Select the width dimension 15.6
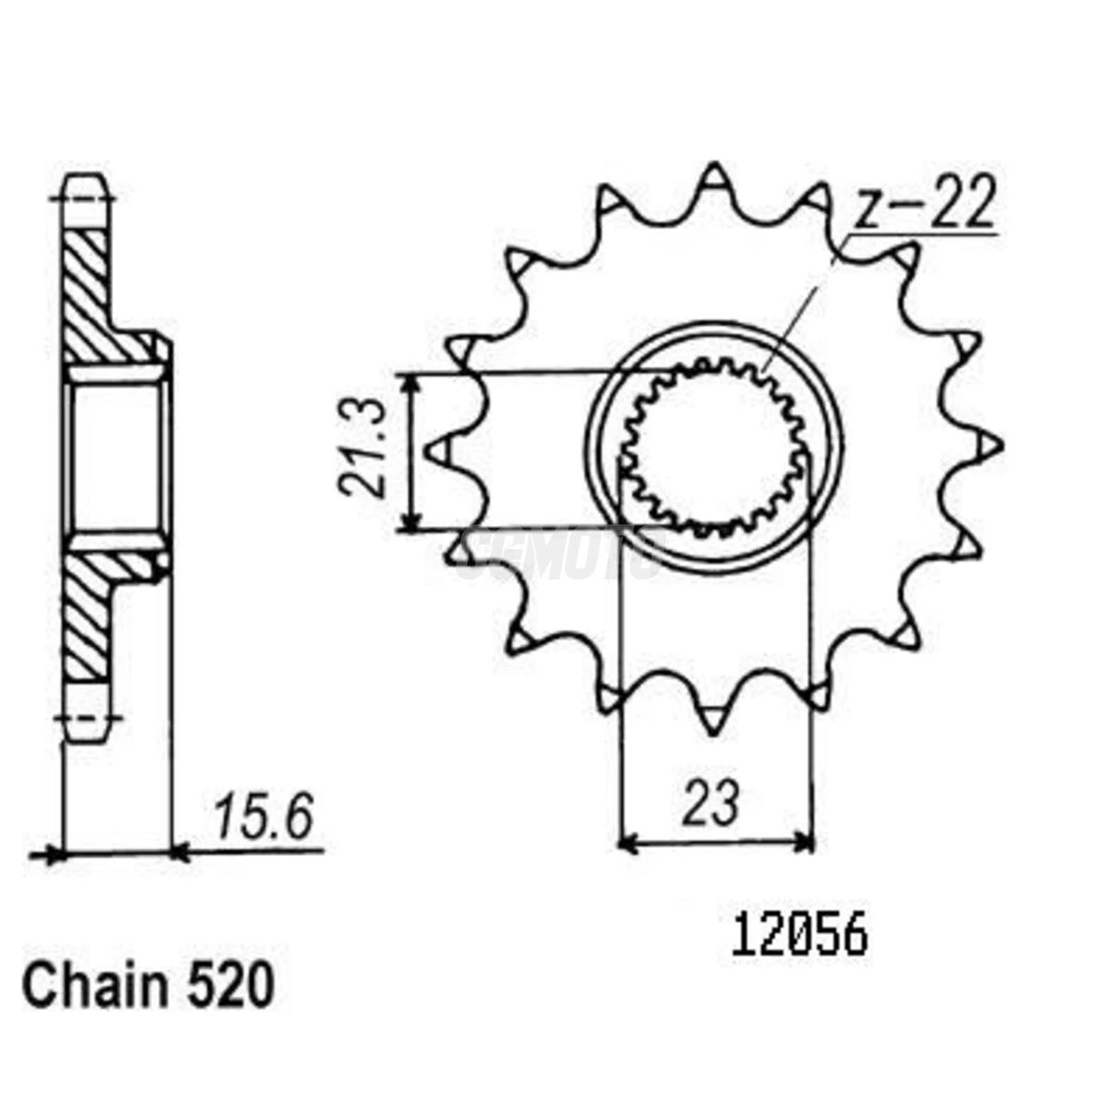(x=263, y=818)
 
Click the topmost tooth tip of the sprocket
(x=714, y=172)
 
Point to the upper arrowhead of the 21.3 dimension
(x=410, y=382)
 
